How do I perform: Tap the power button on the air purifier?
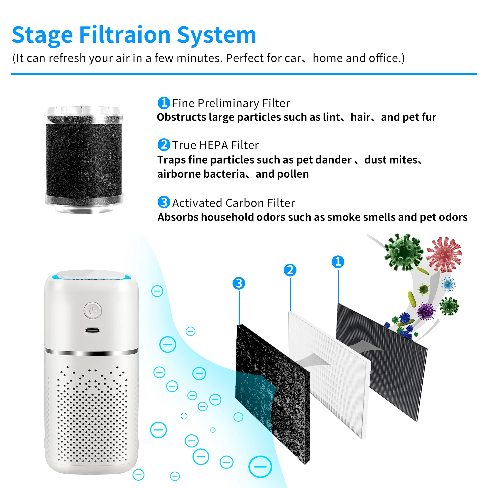click(93, 310)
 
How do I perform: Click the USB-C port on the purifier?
click(92, 330)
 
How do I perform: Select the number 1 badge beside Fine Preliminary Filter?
click(164, 103)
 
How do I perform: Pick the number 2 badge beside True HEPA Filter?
click(164, 145)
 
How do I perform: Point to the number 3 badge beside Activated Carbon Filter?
click(164, 202)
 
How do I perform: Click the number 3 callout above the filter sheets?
click(239, 283)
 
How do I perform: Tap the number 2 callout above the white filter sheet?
click(290, 270)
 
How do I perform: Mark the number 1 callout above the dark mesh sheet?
click(338, 262)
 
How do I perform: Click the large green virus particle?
click(403, 252)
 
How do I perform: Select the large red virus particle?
click(445, 254)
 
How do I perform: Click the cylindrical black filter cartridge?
click(84, 159)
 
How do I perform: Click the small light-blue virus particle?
click(448, 284)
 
